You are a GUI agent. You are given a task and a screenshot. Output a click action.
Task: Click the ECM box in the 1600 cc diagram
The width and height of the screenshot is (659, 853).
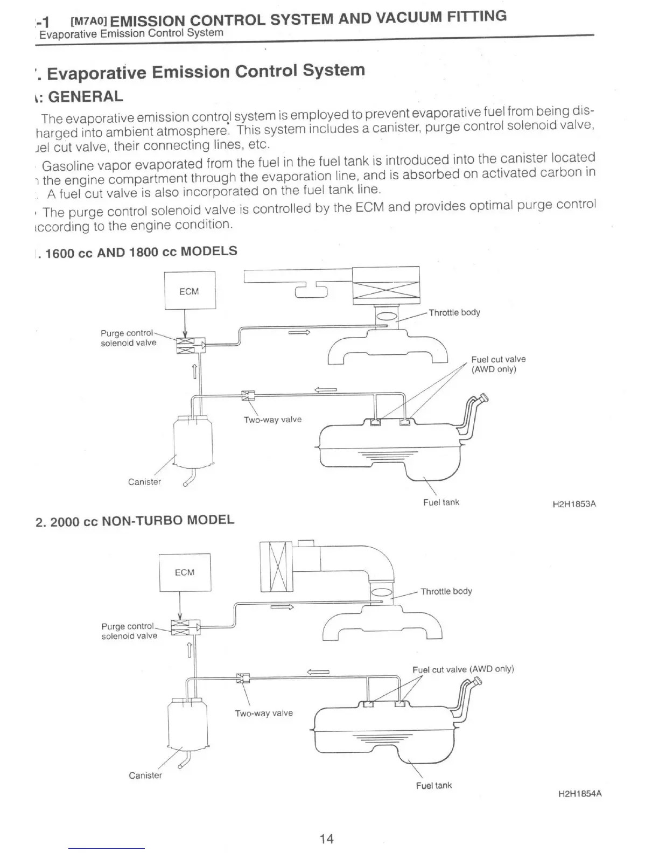click(190, 291)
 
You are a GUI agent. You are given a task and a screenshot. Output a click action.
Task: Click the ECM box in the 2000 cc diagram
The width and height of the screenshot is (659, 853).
click(185, 572)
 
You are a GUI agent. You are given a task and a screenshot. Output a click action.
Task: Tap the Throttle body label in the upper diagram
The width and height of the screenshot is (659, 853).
click(454, 312)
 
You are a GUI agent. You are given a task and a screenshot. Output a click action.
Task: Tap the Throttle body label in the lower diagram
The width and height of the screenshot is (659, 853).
click(446, 591)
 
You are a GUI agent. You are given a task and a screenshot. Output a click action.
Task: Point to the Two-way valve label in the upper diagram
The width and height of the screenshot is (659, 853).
click(272, 419)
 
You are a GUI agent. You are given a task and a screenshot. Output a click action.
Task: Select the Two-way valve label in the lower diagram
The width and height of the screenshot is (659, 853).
click(264, 713)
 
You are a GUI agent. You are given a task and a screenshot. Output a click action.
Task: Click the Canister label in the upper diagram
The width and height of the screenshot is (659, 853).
click(144, 481)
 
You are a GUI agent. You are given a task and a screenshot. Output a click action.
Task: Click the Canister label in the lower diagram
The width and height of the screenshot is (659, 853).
click(145, 775)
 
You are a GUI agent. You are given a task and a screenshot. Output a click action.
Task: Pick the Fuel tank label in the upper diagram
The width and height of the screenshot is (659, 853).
click(441, 502)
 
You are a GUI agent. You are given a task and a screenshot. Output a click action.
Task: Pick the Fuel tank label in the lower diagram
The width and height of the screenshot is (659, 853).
click(434, 785)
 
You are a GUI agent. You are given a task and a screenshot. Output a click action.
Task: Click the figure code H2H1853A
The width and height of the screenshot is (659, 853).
click(574, 505)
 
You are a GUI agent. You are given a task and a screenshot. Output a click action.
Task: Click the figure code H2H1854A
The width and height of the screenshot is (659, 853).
click(580, 794)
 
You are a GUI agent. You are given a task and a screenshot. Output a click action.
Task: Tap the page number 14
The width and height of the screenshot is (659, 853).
click(326, 838)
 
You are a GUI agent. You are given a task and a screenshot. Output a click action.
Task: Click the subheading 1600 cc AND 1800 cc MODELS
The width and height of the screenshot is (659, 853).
click(141, 252)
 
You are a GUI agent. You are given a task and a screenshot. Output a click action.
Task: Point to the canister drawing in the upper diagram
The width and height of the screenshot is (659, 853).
click(193, 442)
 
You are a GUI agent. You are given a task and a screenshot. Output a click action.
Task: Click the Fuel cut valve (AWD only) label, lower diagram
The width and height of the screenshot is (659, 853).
click(463, 669)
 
